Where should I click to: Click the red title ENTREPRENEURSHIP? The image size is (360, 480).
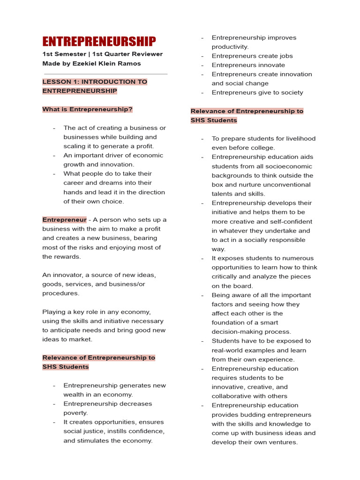pos(99,41)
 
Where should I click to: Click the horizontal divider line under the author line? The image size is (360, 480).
pos(105,74)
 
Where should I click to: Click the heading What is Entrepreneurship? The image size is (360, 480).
pos(87,109)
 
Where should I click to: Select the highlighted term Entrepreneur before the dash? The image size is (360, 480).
pos(64,219)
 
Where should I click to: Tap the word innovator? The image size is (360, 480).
pos(65,275)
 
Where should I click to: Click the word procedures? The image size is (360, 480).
pos(60,293)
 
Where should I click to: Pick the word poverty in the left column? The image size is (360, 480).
pos(75,413)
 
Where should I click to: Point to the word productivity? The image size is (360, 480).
pos(230,47)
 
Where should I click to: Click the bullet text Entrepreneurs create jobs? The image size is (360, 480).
pos(252,56)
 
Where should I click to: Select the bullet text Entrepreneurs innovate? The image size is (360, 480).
pos(248,65)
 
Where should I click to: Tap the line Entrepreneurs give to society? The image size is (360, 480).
pos(257,92)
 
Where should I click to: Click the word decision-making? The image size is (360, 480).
pos(235,332)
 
